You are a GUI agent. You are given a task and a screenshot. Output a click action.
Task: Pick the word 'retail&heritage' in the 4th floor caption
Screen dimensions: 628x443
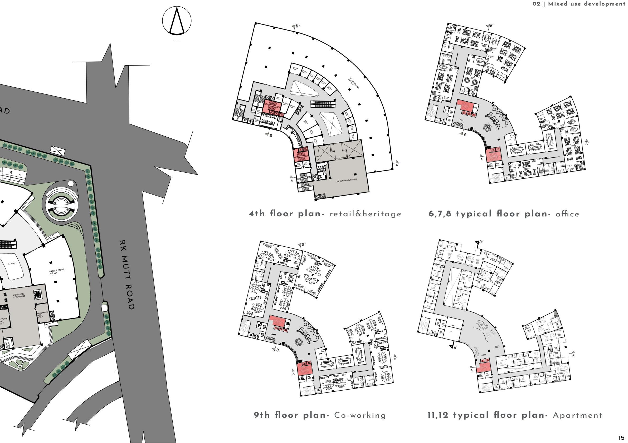pyautogui.click(x=366, y=214)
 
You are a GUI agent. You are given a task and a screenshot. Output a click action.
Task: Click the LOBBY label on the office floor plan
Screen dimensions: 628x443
pyautogui.click(x=460, y=120)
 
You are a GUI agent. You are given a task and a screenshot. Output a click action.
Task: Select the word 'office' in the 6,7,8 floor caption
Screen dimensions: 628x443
pyautogui.click(x=567, y=214)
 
